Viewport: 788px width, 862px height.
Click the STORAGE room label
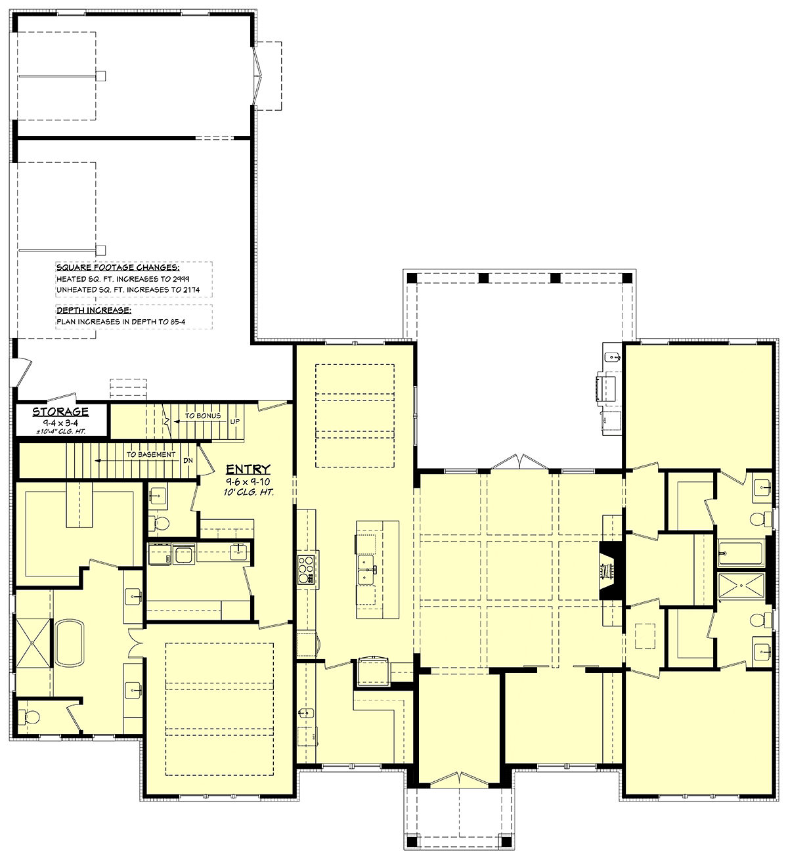[x=60, y=412]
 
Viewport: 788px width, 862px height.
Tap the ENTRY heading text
[x=248, y=469]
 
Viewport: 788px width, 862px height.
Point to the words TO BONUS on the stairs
[x=203, y=416]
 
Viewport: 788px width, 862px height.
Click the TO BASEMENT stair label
[x=151, y=454]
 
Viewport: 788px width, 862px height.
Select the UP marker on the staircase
[x=234, y=421]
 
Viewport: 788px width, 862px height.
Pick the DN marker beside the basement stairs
[x=188, y=460]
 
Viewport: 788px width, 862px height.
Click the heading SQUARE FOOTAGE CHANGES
[x=118, y=268]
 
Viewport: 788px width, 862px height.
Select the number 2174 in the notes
[x=190, y=290]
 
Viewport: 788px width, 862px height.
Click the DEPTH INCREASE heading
[x=94, y=311]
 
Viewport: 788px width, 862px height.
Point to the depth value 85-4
[x=176, y=322]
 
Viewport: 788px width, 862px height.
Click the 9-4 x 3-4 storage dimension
[x=60, y=423]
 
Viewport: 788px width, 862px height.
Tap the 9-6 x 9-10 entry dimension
[x=248, y=482]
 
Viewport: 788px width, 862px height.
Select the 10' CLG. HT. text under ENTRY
[x=248, y=492]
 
